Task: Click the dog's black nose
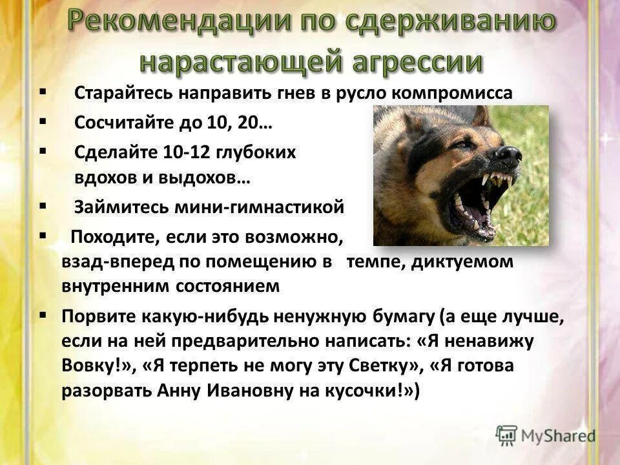pyautogui.click(x=509, y=156)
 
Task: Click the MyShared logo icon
pyautogui.click(x=506, y=435)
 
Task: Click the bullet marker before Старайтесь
pyautogui.click(x=43, y=92)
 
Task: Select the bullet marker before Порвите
pyautogui.click(x=43, y=315)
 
